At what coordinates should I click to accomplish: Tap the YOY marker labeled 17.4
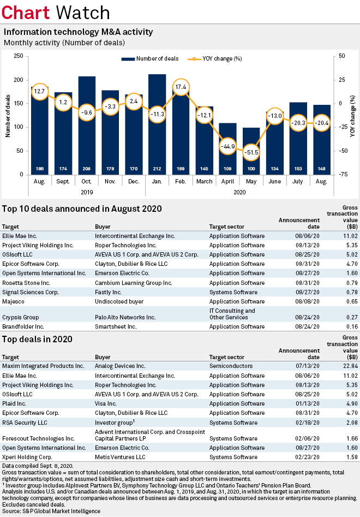click(x=181, y=87)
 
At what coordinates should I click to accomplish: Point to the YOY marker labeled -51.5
click(x=251, y=151)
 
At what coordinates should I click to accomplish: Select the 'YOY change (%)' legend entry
click(x=214, y=58)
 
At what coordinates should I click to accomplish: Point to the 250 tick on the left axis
click(x=18, y=56)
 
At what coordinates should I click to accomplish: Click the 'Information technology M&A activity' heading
click(x=78, y=32)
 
